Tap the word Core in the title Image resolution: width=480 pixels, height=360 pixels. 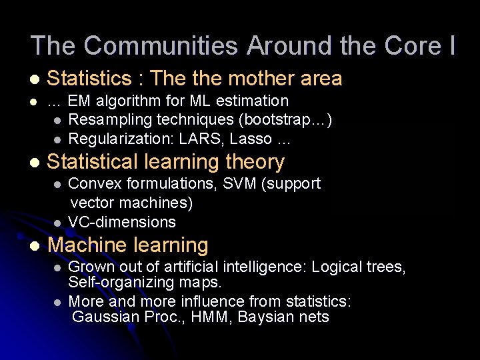coord(412,46)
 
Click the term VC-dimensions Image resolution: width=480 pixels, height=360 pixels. coord(122,222)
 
